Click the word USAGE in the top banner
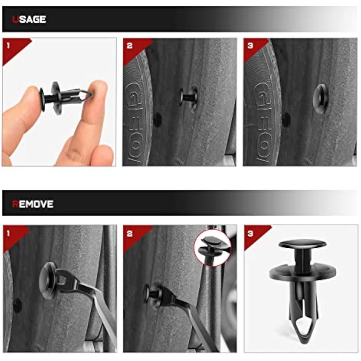pos(29,19)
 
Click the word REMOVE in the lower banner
pos(32,204)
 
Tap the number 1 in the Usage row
pos(8,46)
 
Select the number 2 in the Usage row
pos(130,46)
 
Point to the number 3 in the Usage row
pos(250,46)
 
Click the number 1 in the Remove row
pos(8,233)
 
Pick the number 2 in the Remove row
pos(130,234)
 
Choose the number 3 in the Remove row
pos(250,234)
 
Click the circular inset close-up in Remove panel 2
pos(212,248)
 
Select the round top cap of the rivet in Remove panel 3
pos(302,244)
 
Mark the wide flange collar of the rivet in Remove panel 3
pos(302,273)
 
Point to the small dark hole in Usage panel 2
pos(157,120)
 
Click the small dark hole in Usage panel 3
pos(286,120)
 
